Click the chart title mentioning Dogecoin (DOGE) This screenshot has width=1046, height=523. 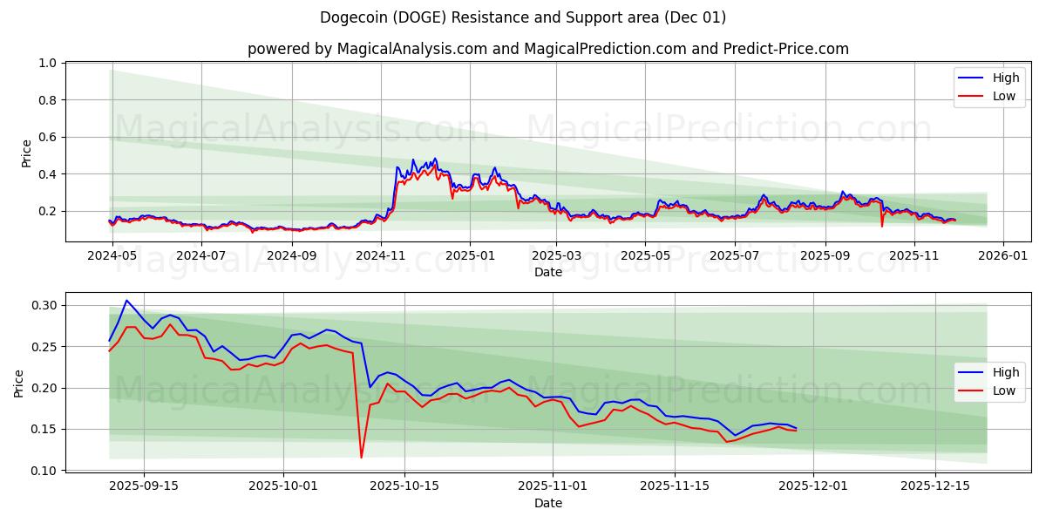(x=523, y=17)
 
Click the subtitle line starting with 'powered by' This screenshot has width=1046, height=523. (x=547, y=49)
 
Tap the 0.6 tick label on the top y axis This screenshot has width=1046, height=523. (x=46, y=137)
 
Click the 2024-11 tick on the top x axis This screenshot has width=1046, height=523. (x=381, y=255)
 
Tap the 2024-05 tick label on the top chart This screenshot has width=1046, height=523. (x=113, y=255)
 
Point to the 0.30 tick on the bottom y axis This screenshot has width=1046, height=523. (x=43, y=305)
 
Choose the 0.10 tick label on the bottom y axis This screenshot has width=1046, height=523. (x=43, y=471)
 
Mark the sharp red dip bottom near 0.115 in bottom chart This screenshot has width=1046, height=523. (x=361, y=458)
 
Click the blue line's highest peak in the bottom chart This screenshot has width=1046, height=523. (x=126, y=301)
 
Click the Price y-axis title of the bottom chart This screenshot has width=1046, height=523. (x=19, y=383)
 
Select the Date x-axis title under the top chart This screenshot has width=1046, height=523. (x=547, y=272)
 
